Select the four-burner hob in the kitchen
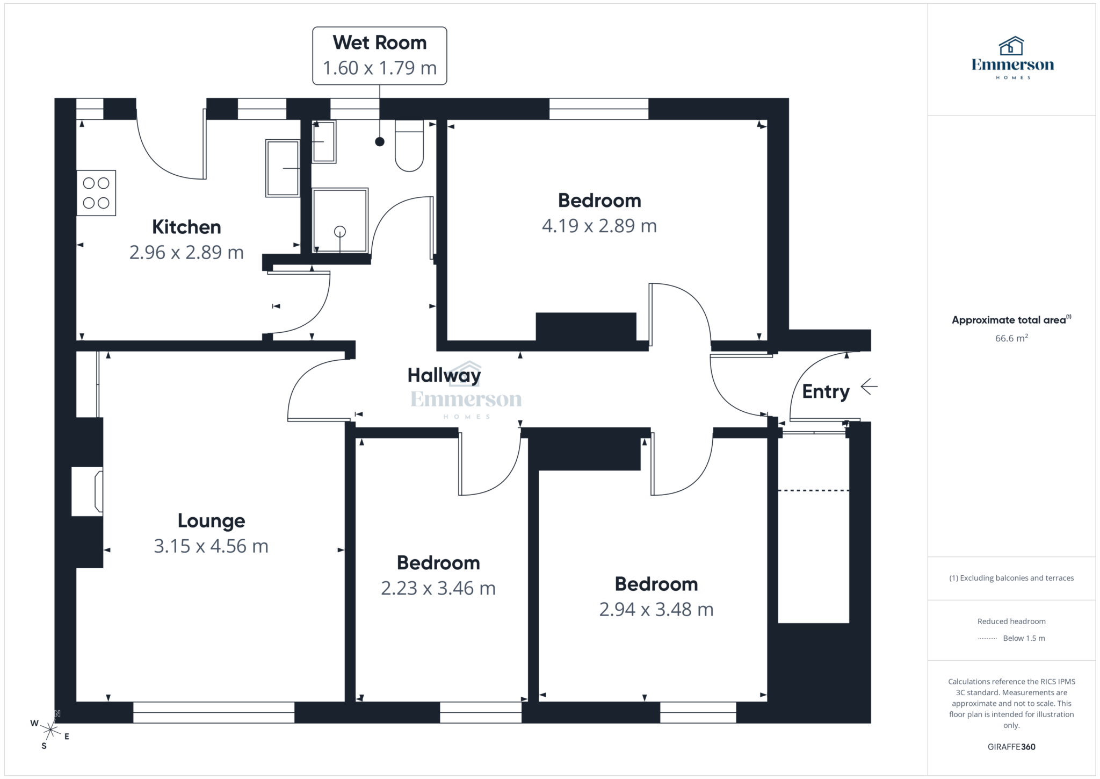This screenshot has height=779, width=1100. click(96, 193)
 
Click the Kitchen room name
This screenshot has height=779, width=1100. click(186, 227)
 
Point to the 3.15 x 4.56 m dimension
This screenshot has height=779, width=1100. click(211, 546)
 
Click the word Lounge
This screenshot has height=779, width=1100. click(211, 520)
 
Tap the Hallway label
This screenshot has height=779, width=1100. click(444, 375)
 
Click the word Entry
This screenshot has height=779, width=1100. click(826, 391)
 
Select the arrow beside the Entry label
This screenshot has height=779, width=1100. click(869, 386)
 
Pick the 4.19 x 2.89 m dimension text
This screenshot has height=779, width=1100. click(599, 226)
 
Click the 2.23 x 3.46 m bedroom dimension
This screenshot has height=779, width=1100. click(438, 588)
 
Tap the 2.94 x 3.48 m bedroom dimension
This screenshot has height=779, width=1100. click(656, 610)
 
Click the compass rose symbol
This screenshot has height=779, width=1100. click(50, 730)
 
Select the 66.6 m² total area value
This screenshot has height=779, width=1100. click(1011, 338)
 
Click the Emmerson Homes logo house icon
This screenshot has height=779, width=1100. click(1011, 46)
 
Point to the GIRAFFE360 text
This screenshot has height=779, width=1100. click(1011, 747)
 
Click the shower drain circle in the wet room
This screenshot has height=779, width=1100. click(340, 232)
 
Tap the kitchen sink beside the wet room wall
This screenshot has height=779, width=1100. click(283, 168)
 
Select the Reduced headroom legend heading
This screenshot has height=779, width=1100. click(1011, 621)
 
